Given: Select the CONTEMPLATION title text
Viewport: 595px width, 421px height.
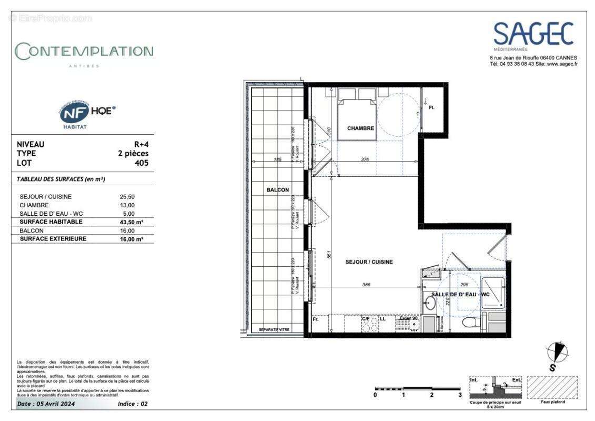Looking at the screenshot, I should [85, 52].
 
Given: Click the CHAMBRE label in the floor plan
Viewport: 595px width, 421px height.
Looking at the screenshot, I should [360, 128].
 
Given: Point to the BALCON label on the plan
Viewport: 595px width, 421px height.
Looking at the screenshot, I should [277, 189].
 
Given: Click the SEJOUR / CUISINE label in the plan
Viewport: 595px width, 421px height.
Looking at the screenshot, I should [369, 262].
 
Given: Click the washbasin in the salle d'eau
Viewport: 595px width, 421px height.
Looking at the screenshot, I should [430, 304].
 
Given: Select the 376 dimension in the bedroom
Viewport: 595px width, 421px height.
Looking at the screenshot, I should [365, 159].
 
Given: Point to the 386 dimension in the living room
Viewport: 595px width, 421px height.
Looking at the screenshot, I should [366, 284].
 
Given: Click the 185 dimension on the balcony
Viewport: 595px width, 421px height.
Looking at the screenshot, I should [277, 159].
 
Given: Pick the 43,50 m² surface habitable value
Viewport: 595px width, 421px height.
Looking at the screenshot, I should [132, 222].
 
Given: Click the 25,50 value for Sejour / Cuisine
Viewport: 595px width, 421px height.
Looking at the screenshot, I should [127, 197].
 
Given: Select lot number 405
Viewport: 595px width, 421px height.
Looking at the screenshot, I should [141, 163].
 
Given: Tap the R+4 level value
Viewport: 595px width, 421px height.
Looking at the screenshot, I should [141, 144].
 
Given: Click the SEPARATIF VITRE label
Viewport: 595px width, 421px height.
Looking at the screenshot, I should [274, 330].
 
